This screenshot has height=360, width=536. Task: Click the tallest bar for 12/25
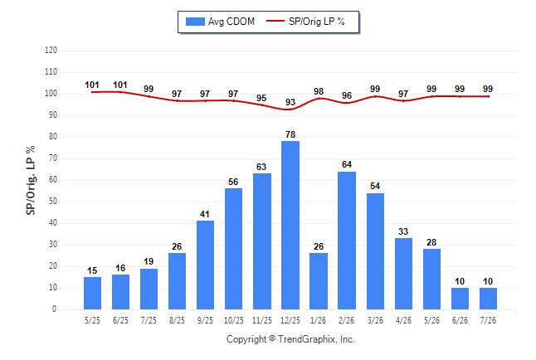(290, 225)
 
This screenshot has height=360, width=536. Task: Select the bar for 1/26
(319, 281)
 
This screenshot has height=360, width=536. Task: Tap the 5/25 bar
(92, 293)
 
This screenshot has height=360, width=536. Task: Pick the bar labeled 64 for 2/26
(347, 241)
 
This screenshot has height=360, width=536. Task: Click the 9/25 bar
(205, 265)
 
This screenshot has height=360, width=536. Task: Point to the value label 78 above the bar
(290, 134)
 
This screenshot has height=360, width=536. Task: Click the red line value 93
(290, 102)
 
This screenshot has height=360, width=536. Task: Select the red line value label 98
(319, 91)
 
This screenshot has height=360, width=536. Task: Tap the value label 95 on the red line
(261, 98)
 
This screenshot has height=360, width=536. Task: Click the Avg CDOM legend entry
(220, 22)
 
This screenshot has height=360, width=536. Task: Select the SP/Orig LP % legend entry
(305, 22)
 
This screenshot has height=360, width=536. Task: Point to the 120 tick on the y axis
(51, 51)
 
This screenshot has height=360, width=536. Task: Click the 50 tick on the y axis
(53, 202)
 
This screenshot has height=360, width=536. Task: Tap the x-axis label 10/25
(234, 320)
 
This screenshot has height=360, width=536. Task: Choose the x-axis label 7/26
(488, 320)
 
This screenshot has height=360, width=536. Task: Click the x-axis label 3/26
(375, 320)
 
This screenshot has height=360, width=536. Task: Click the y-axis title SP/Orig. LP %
(31, 181)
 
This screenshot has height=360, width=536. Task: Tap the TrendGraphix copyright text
(290, 339)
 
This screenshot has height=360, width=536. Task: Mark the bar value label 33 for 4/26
(403, 231)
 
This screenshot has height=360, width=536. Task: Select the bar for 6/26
(460, 299)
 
